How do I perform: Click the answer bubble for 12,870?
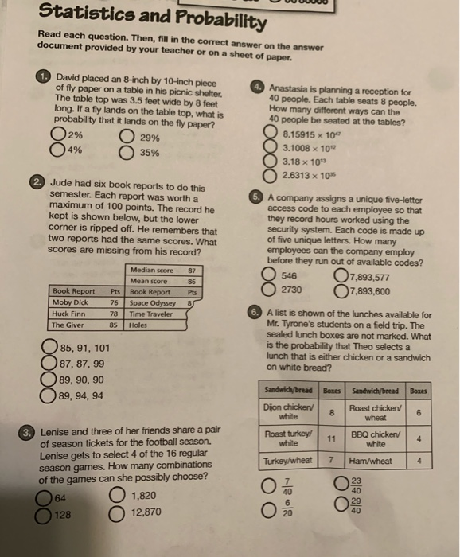122,514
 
